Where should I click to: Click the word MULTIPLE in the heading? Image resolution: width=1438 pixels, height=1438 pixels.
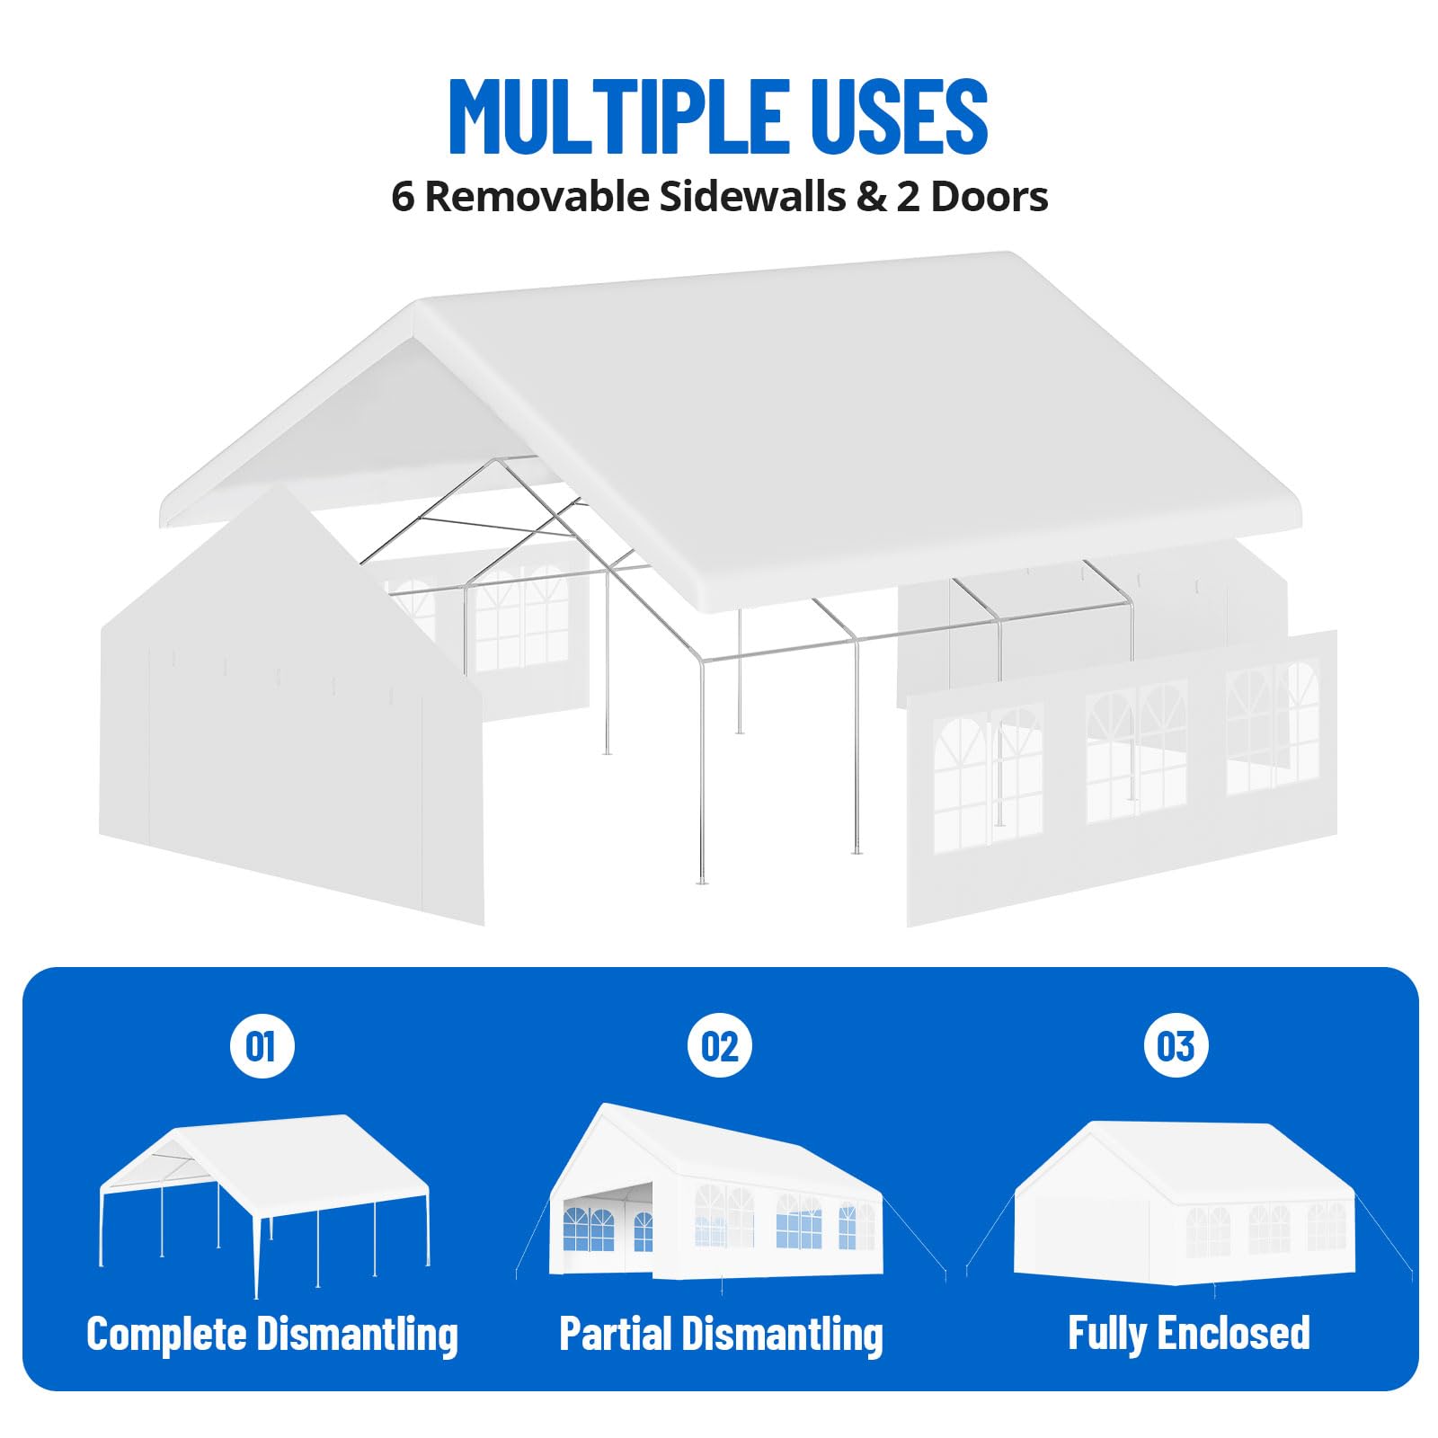[x=619, y=116]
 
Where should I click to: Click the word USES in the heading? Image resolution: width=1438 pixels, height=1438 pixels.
[x=900, y=116]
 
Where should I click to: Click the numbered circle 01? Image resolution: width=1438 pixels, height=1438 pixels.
[x=262, y=1046]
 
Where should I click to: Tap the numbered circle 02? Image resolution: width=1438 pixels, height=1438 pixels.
[x=719, y=1046]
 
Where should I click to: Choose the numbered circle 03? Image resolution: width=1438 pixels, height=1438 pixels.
[x=1176, y=1046]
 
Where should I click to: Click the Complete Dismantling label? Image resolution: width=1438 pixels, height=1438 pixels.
[x=272, y=1334]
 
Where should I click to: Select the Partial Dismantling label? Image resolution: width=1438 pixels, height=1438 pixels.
[x=721, y=1334]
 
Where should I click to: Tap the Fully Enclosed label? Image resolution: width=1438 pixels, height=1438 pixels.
[x=1188, y=1333]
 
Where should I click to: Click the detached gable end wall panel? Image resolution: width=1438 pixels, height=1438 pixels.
[x=291, y=706]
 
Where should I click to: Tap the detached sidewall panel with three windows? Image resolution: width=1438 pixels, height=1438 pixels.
[x=1122, y=778]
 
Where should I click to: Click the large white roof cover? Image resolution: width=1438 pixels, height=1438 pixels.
[x=730, y=432]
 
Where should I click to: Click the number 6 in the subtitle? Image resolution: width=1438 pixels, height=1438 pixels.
[x=404, y=198]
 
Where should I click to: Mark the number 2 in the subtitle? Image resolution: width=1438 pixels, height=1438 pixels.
[x=908, y=198]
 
